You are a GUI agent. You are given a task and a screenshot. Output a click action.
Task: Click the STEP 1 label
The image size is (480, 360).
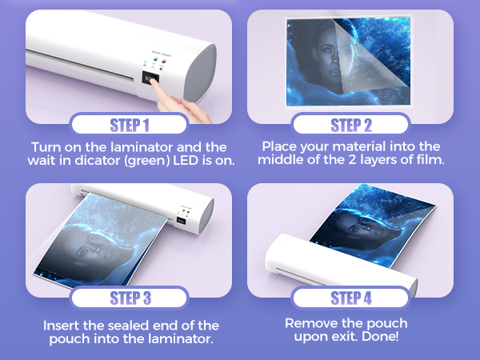[x=129, y=125]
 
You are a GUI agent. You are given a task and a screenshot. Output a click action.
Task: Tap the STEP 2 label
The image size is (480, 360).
[x=351, y=125]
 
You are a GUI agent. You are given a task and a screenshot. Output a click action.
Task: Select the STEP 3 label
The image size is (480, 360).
[x=129, y=298]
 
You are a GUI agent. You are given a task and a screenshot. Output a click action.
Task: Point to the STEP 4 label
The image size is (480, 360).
[x=351, y=298]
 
